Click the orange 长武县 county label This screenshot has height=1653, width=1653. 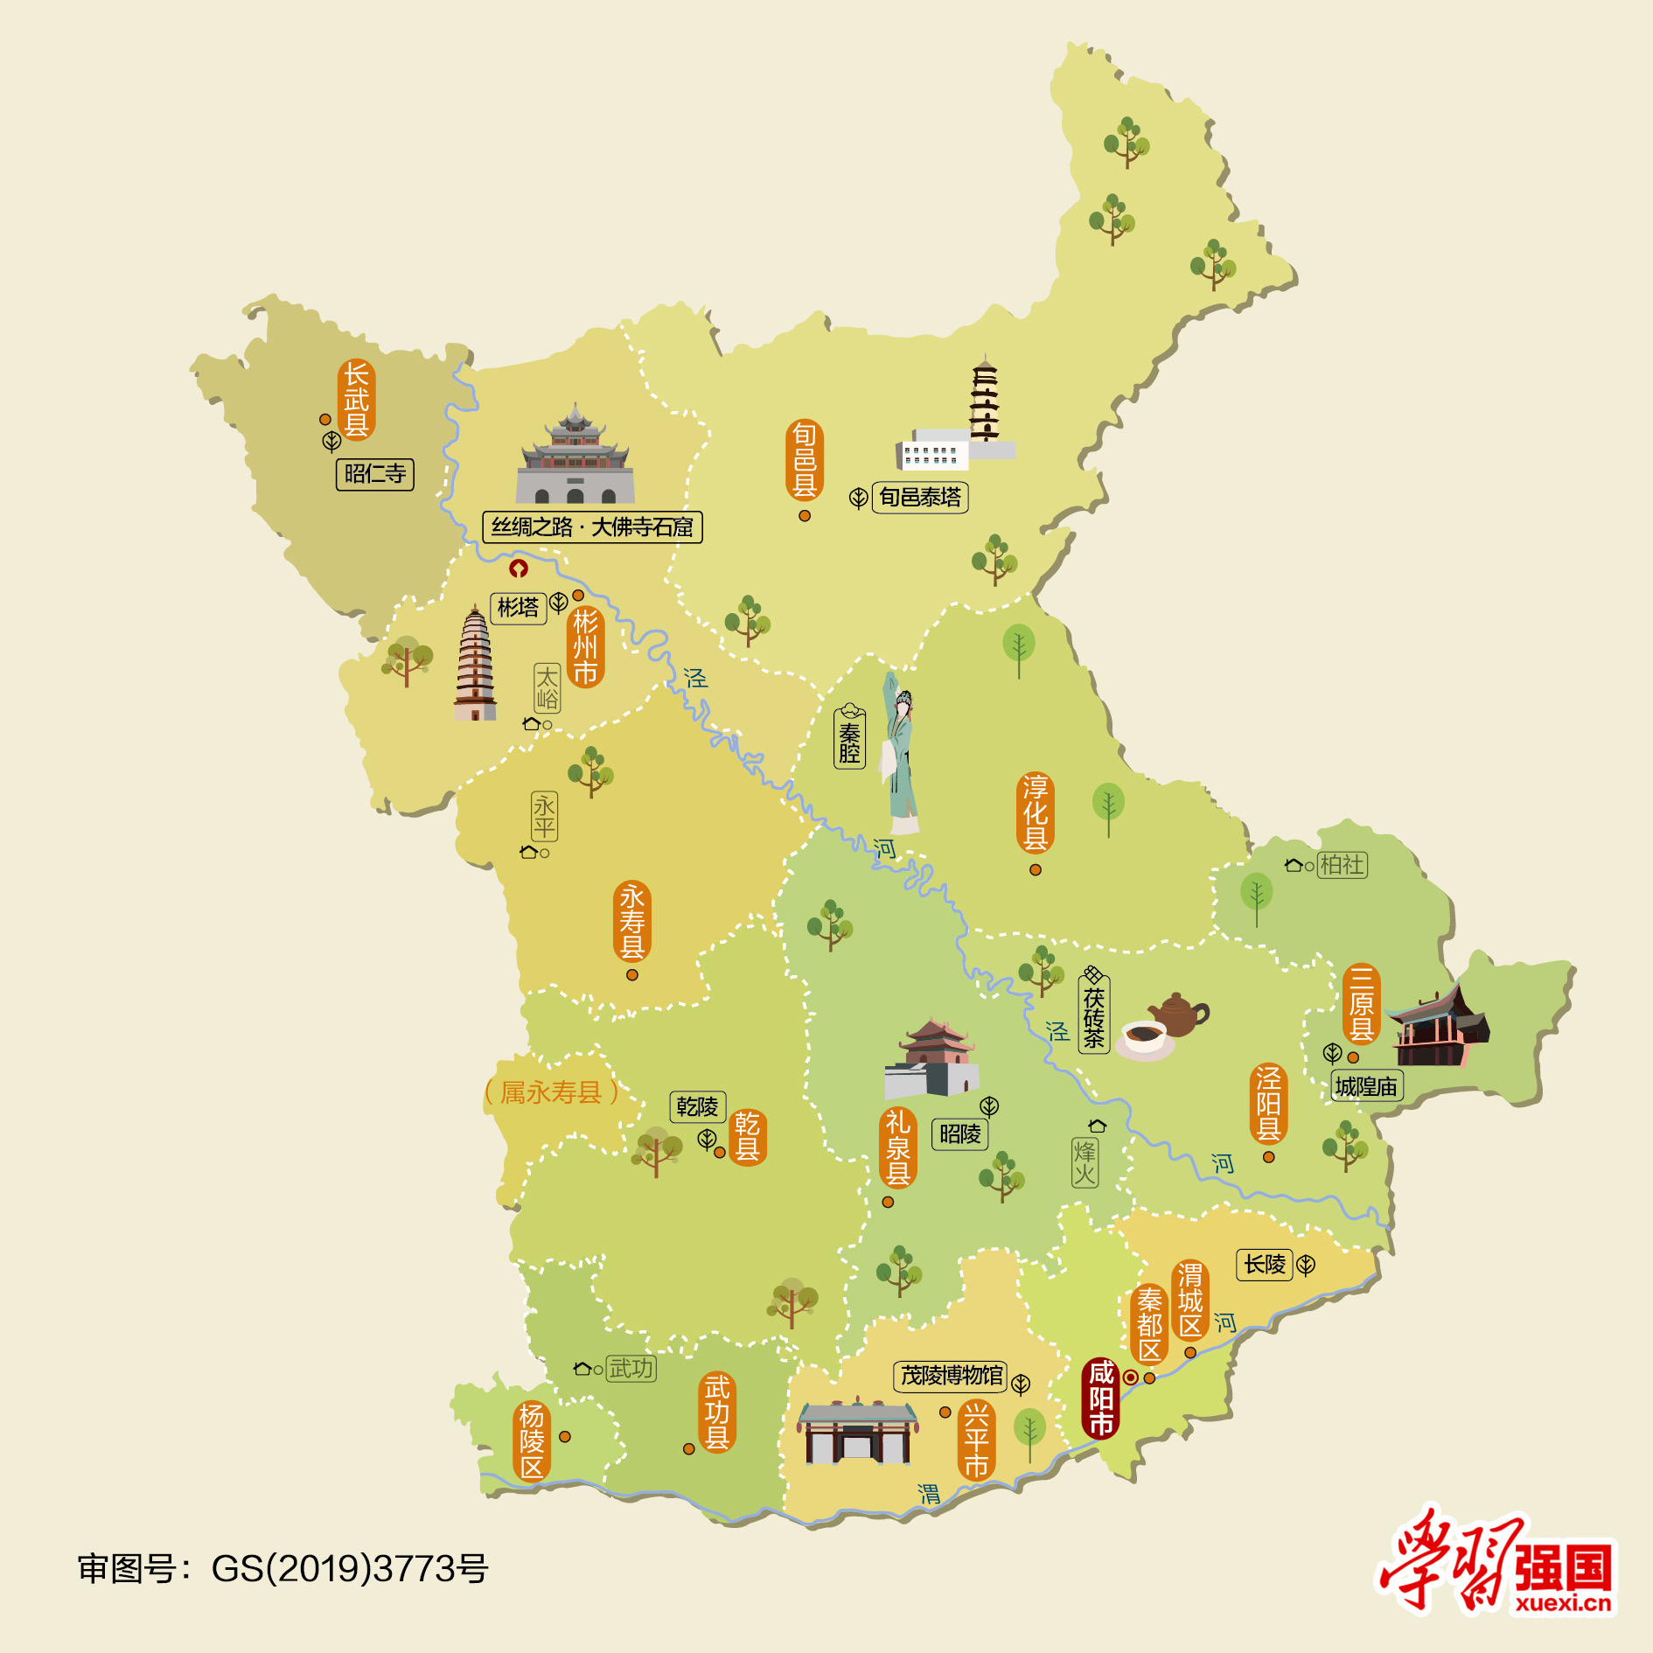click(x=356, y=400)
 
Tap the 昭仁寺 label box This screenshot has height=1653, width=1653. click(x=374, y=474)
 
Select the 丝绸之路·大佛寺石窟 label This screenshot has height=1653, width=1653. click(x=592, y=527)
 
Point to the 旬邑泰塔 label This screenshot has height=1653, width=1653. click(x=919, y=498)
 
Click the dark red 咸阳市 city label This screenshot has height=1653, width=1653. click(x=1100, y=1398)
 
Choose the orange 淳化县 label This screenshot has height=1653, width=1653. click(x=1036, y=813)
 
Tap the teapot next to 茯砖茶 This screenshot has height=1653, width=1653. click(x=1177, y=1015)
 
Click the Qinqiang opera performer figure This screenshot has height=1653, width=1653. click(x=900, y=752)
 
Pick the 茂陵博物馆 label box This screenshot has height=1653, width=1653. click(x=951, y=1376)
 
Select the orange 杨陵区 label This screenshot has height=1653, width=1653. click(x=532, y=1440)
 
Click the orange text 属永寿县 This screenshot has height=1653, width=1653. click(x=551, y=1092)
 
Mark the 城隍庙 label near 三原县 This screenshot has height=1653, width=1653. click(x=1366, y=1086)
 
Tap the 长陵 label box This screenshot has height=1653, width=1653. click(x=1265, y=1265)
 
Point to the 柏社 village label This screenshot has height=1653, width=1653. click(x=1342, y=865)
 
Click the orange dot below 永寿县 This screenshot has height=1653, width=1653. click(x=632, y=975)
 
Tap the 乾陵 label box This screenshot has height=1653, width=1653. click(x=697, y=1106)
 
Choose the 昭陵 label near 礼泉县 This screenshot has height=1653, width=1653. click(x=959, y=1134)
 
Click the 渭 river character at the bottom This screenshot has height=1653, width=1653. click(x=929, y=1495)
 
